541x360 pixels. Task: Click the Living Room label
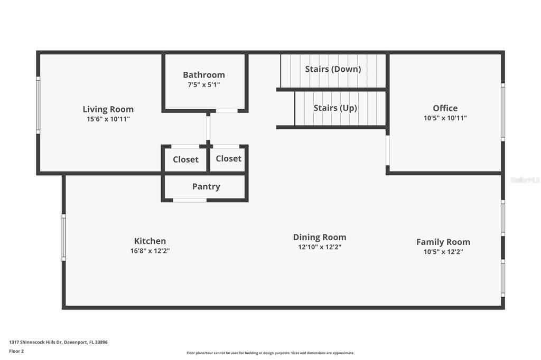[x=108, y=109]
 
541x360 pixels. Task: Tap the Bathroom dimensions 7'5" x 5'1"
[x=204, y=84]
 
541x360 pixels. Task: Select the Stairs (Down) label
[x=333, y=69]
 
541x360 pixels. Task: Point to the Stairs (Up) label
[x=335, y=108]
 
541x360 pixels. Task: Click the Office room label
[x=445, y=108]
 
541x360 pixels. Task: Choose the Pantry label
[x=206, y=186]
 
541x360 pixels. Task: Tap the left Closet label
[x=185, y=159]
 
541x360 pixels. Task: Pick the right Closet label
[x=228, y=158]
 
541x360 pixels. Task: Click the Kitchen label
[x=150, y=241]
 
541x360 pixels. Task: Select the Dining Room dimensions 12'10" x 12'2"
[x=320, y=247]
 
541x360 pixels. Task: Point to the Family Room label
[x=443, y=242]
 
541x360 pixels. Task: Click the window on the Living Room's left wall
[x=38, y=105]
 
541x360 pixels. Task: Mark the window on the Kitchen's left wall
[x=64, y=237]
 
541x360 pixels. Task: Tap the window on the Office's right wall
[x=502, y=112]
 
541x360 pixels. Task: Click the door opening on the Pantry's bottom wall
[x=190, y=200]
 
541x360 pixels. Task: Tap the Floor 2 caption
[x=16, y=351]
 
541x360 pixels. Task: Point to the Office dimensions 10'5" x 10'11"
[x=445, y=118]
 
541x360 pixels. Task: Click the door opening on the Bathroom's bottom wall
[x=227, y=111]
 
